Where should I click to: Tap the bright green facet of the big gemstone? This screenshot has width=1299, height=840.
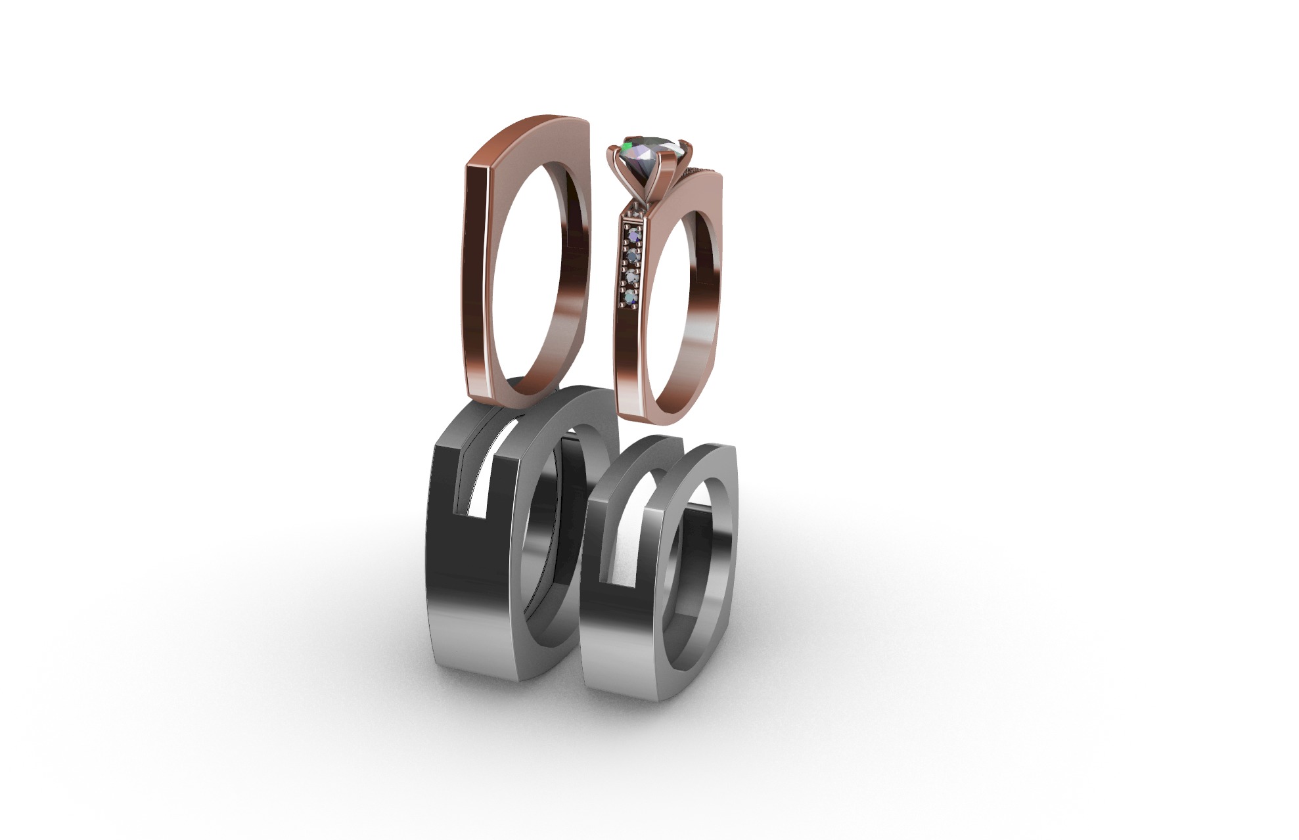629,144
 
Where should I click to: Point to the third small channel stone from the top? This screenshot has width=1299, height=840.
632,276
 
